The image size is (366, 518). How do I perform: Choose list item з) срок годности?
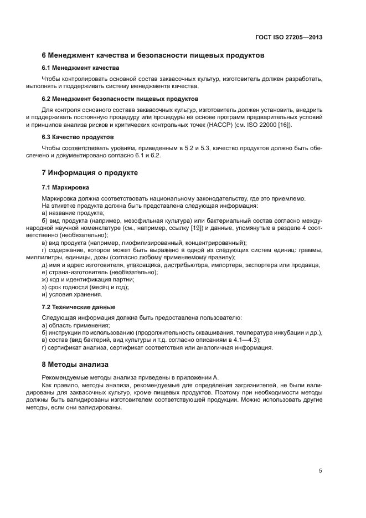85,287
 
